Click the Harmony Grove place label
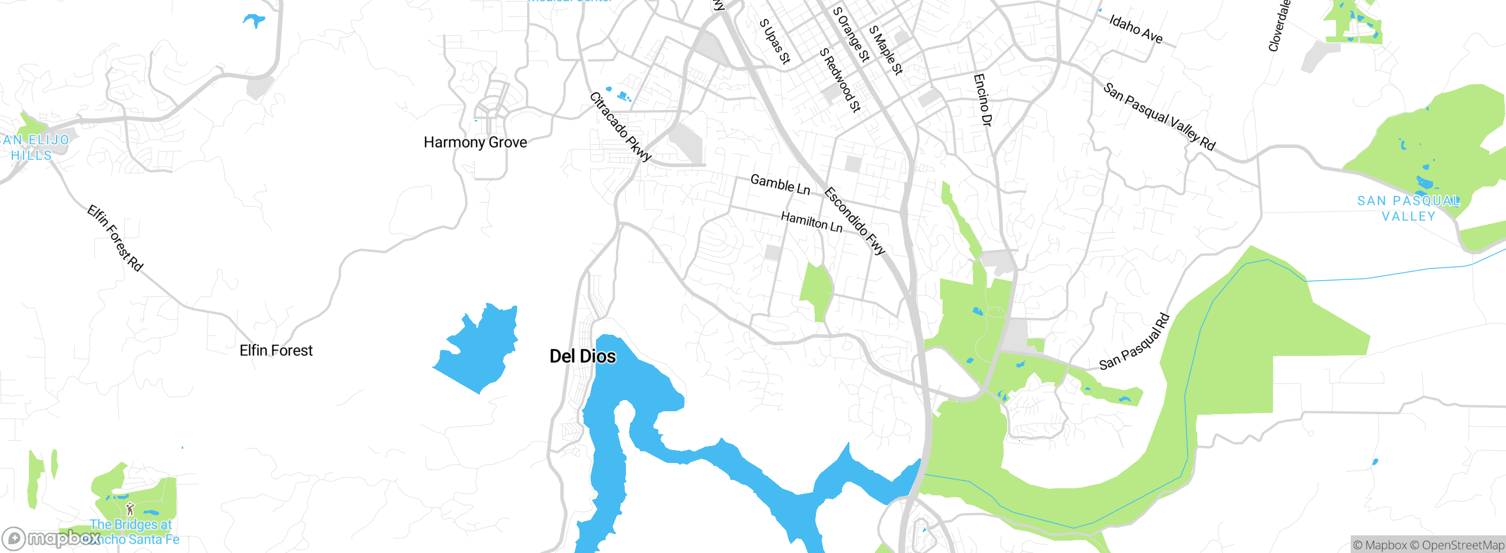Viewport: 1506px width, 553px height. pyautogui.click(x=475, y=142)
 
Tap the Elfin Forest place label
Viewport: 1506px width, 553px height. pyautogui.click(x=276, y=351)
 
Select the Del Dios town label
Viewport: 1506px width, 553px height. pyautogui.click(x=582, y=357)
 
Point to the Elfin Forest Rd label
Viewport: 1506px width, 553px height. pyautogui.click(x=115, y=238)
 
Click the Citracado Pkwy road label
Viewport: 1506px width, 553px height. pyautogui.click(x=621, y=126)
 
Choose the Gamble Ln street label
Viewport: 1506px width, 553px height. pyautogui.click(x=780, y=185)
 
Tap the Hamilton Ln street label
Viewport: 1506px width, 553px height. pyautogui.click(x=811, y=222)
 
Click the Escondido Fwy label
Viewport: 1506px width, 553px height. pyautogui.click(x=855, y=221)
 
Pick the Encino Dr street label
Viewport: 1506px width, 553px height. pyautogui.click(x=982, y=99)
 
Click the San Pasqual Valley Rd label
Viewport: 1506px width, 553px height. pyautogui.click(x=1159, y=116)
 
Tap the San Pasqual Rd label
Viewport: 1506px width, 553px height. pyautogui.click(x=1135, y=342)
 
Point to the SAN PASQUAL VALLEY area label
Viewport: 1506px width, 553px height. pyautogui.click(x=1408, y=208)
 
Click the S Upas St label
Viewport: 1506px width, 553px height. pyautogui.click(x=775, y=41)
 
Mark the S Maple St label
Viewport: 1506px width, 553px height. pyautogui.click(x=885, y=50)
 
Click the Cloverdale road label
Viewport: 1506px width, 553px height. pyautogui.click(x=1279, y=26)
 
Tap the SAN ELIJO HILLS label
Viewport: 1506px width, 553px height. pyautogui.click(x=34, y=147)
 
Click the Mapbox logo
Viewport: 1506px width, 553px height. pyautogui.click(x=52, y=538)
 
